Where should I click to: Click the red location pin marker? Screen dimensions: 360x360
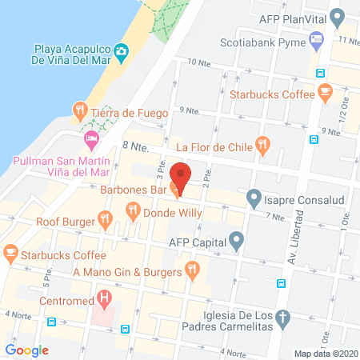[x=181, y=178]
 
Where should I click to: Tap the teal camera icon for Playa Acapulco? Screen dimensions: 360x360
[x=121, y=52]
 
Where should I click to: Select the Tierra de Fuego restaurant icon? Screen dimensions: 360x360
[x=79, y=110]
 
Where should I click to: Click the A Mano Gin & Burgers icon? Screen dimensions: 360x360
[x=191, y=270]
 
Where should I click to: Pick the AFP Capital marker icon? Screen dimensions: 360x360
[x=236, y=239]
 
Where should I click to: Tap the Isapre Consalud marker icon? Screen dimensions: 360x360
[x=254, y=195]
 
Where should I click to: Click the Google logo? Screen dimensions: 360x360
[x=27, y=350]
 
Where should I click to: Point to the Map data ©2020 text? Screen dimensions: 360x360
[x=326, y=353]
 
